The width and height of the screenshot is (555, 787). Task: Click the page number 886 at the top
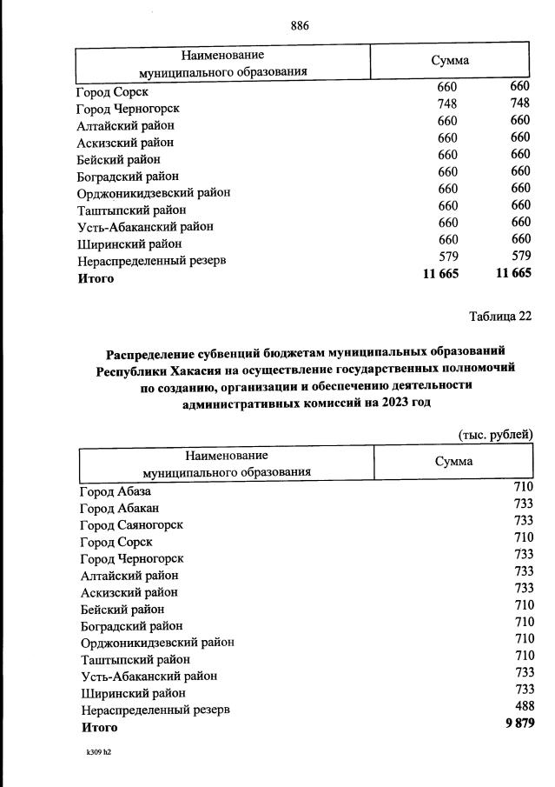click(x=300, y=25)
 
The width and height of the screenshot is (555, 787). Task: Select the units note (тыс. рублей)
click(x=495, y=435)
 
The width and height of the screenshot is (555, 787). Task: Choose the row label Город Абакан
click(x=119, y=508)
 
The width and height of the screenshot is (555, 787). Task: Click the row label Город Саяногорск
click(x=131, y=524)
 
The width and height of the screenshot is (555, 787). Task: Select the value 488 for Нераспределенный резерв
click(x=522, y=709)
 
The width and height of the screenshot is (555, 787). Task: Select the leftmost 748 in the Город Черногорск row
click(x=447, y=103)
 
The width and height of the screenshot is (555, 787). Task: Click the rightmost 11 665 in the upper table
click(x=512, y=274)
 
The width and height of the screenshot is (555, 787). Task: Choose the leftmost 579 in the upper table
click(x=447, y=257)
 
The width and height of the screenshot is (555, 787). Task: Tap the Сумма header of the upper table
click(x=450, y=60)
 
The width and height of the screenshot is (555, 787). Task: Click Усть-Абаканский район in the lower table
click(x=149, y=676)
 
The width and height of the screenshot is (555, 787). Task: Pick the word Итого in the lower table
click(x=99, y=727)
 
